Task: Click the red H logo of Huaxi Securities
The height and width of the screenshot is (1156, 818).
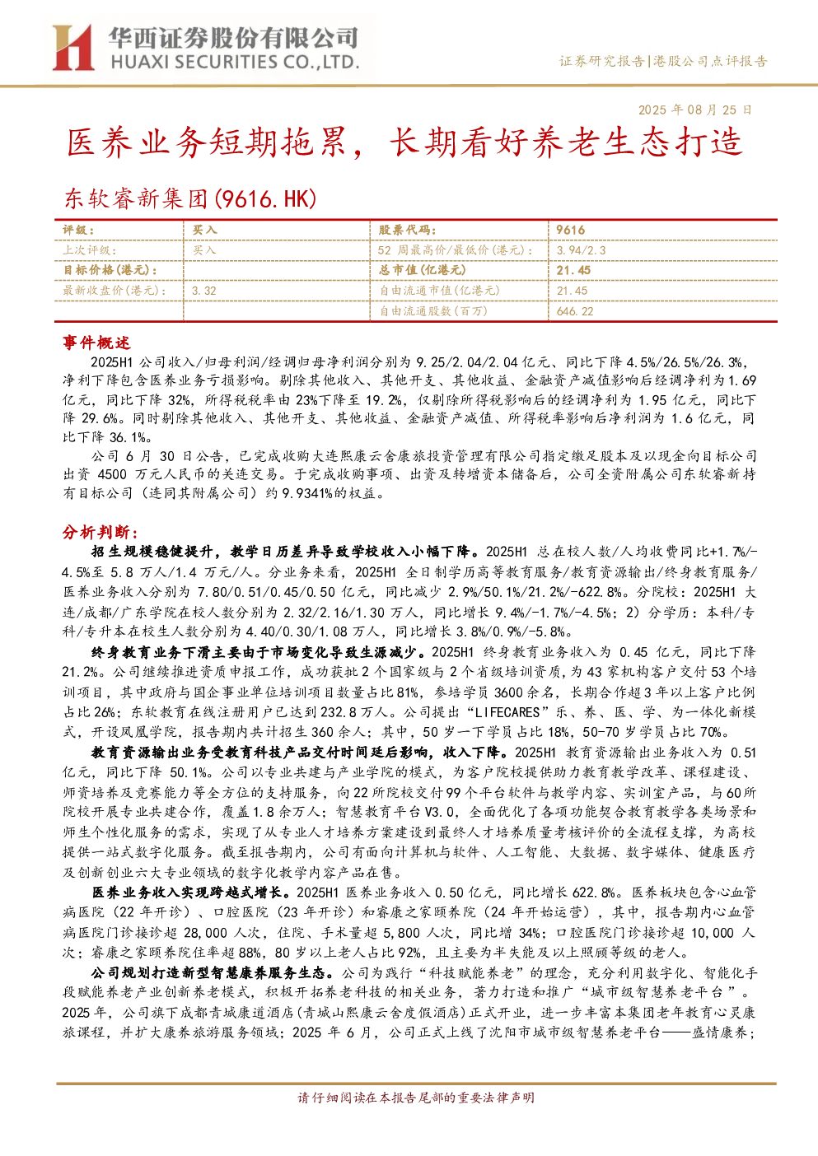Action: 73,47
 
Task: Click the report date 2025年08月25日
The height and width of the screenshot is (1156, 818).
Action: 694,110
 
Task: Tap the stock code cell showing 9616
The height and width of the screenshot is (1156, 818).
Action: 571,231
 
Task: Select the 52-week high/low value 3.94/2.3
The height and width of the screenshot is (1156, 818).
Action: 581,250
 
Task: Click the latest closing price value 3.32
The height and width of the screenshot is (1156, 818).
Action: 204,291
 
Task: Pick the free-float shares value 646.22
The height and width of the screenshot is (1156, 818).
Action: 575,311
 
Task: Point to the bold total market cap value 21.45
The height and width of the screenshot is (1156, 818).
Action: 573,270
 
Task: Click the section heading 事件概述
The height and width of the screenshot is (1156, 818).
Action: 96,343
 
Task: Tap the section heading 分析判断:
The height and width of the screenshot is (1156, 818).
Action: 100,532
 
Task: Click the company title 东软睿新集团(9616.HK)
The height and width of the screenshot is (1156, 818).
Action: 190,198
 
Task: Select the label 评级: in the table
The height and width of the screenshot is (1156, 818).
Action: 78,231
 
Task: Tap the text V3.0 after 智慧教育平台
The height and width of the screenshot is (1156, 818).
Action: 439,812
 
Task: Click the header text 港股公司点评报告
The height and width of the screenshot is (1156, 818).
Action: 710,62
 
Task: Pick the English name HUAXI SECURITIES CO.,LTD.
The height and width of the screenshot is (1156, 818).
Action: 235,62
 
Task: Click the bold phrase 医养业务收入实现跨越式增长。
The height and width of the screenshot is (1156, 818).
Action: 194,893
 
